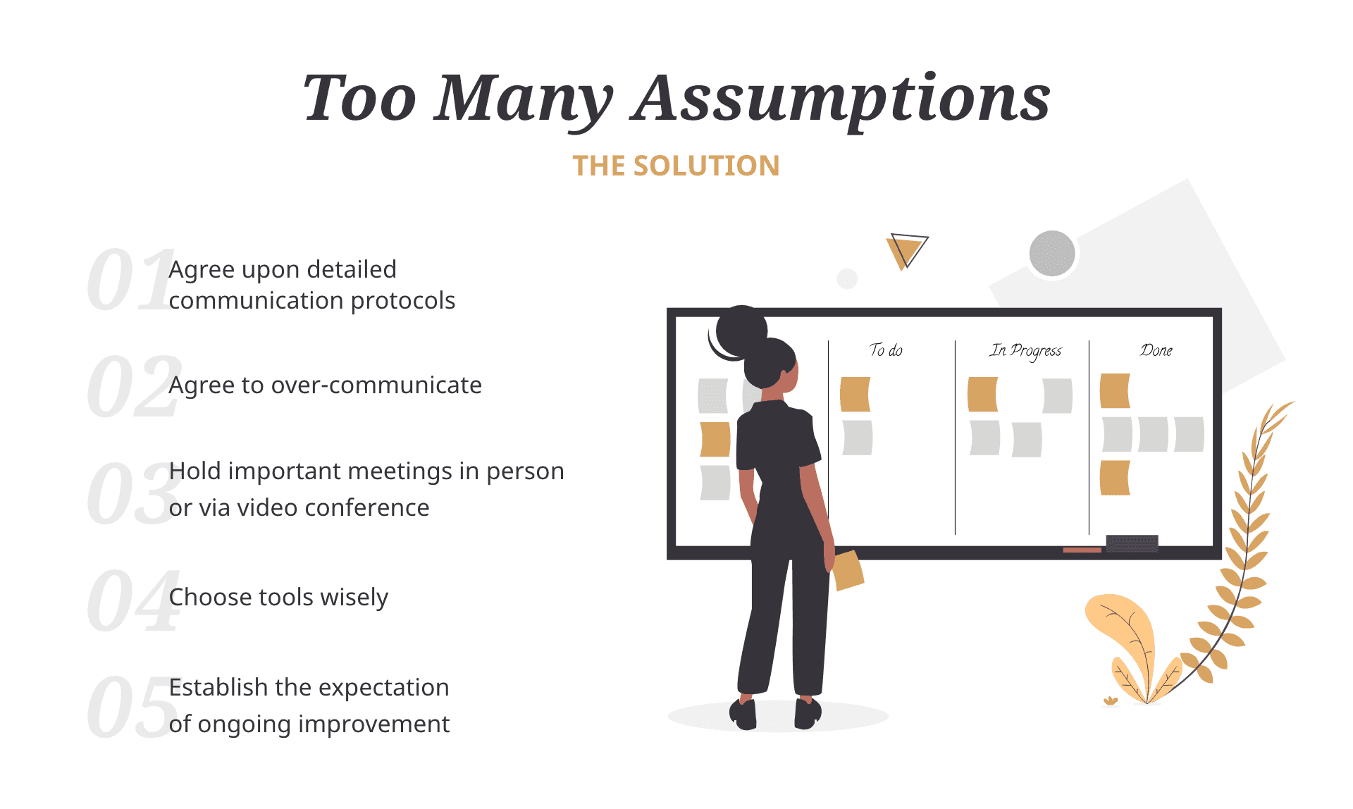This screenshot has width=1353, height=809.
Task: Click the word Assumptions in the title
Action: pyautogui.click(x=841, y=99)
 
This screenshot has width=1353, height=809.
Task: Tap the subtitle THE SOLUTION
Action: pyautogui.click(x=676, y=166)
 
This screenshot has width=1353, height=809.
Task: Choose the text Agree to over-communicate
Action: pyautogui.click(x=325, y=385)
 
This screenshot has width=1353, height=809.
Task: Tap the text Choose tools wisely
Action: pyautogui.click(x=278, y=598)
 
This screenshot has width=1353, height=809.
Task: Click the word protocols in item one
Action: pyautogui.click(x=402, y=301)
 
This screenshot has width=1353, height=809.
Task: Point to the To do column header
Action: pyautogui.click(x=886, y=350)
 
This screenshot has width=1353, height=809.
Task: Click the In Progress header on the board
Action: pyautogui.click(x=1025, y=350)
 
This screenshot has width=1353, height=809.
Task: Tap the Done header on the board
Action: pyautogui.click(x=1156, y=350)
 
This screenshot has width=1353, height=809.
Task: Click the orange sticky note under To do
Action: pyautogui.click(x=855, y=394)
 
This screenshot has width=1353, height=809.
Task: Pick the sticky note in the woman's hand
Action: pyautogui.click(x=848, y=569)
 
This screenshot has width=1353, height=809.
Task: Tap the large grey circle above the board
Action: pyautogui.click(x=1051, y=254)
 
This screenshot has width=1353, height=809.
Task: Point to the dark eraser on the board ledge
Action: pyautogui.click(x=1132, y=543)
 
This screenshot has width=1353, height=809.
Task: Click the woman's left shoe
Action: pyautogui.click(x=743, y=713)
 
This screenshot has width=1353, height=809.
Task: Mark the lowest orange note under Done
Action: pyautogui.click(x=1115, y=478)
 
